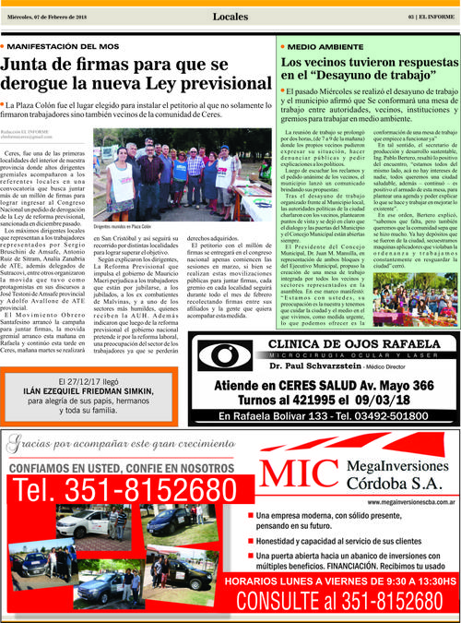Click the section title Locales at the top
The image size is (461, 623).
pos(230,17)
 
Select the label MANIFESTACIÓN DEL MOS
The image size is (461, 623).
pos(64,44)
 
